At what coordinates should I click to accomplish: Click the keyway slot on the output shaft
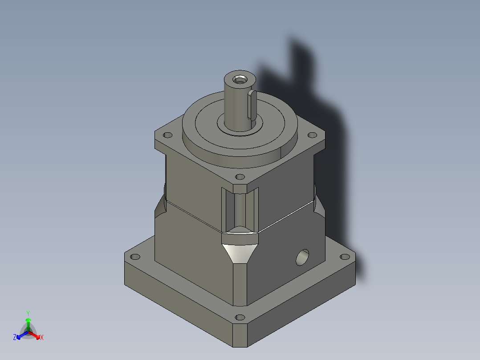pos(252,105)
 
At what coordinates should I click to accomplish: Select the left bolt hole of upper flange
pos(168,135)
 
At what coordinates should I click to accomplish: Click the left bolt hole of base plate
pos(134,257)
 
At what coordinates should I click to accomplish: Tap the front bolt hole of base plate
pos(240,318)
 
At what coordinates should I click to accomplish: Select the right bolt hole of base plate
pos(345,257)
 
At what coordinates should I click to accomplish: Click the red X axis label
pos(42,338)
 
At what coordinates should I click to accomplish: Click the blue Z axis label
pos(15,338)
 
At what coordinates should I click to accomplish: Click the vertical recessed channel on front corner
pos(240,209)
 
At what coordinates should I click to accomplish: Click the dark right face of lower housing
pos(285,276)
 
